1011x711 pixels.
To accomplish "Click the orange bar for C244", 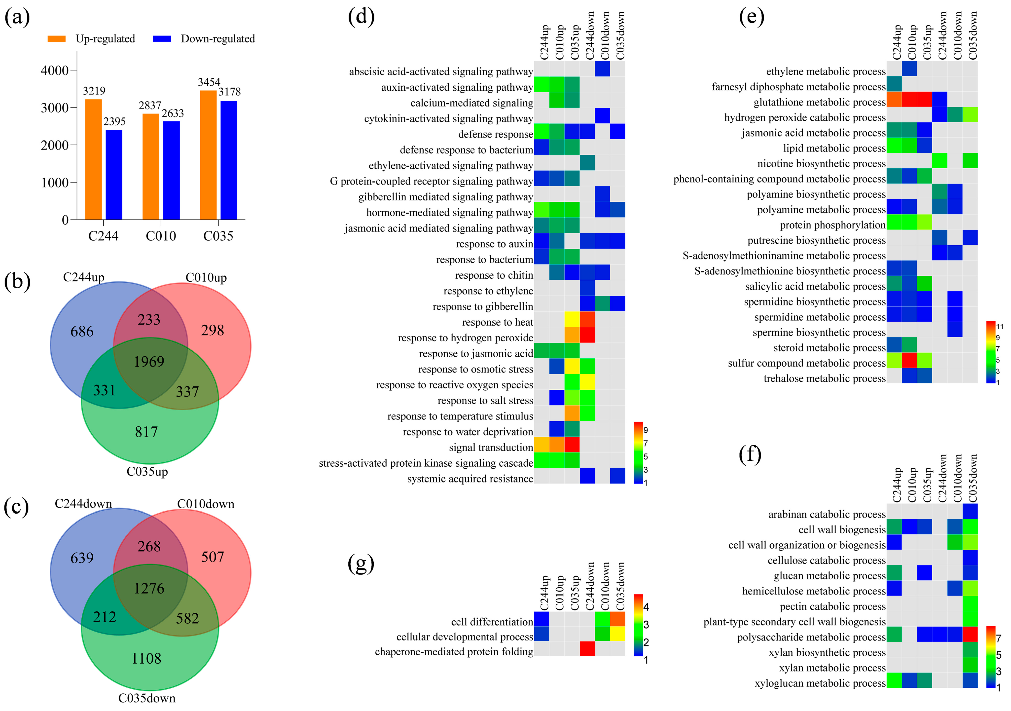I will click(x=93, y=159).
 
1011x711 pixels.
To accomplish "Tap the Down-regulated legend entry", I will click(x=217, y=39).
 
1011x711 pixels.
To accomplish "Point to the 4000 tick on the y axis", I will click(x=55, y=71).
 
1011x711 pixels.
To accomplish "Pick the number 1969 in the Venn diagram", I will click(x=149, y=362).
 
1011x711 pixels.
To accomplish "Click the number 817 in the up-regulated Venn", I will click(x=147, y=432).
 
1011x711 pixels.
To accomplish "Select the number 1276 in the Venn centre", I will click(x=149, y=589).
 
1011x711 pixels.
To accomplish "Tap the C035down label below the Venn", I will click(x=147, y=698).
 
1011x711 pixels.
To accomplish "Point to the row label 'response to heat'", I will click(x=498, y=322).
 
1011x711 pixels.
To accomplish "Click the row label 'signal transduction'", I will click(x=491, y=448).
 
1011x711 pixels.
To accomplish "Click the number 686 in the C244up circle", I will click(x=82, y=331).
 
